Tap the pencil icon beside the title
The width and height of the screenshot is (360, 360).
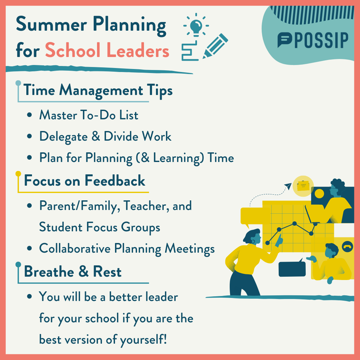[215, 46]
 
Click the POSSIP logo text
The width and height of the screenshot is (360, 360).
[321, 40]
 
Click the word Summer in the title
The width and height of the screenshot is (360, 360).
[51, 24]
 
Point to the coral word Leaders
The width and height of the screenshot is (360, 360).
[138, 50]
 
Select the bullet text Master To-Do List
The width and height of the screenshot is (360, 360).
[89, 115]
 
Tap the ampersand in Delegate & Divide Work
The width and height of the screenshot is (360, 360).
[96, 136]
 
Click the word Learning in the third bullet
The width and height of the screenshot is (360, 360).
[178, 158]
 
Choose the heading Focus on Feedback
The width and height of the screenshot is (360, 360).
[85, 180]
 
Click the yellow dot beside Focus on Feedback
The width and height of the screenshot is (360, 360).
[18, 174]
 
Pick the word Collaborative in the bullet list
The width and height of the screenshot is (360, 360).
[75, 248]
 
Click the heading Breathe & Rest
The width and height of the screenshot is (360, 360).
[73, 271]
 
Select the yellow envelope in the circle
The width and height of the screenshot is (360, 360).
[303, 186]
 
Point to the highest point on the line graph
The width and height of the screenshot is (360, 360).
[294, 223]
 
